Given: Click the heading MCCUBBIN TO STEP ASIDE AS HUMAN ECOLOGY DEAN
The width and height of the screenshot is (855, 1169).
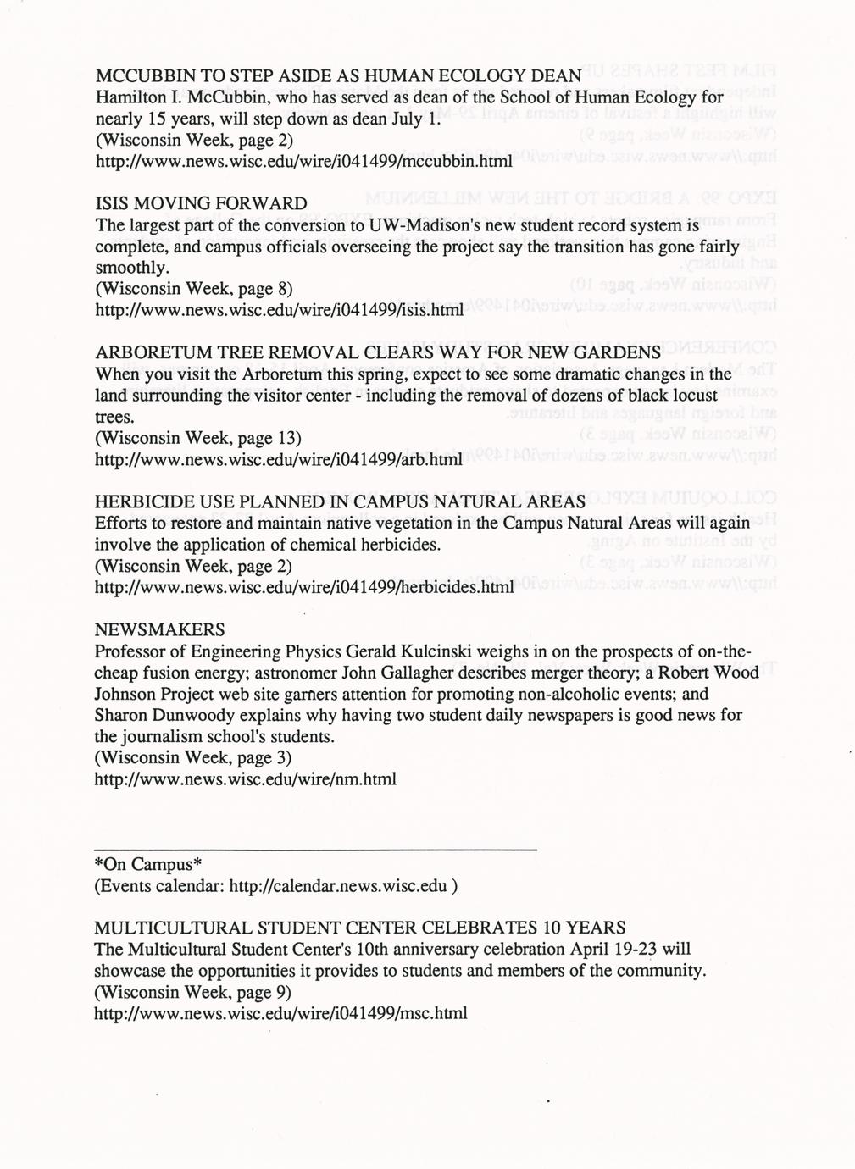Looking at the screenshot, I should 337,74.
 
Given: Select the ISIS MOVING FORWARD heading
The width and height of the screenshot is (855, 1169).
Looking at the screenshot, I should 201,204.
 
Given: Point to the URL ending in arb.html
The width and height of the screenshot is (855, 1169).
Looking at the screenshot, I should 279,460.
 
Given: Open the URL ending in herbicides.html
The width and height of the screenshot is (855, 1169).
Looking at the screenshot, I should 304,586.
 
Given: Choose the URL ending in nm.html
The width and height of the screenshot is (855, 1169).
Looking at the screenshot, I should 245,778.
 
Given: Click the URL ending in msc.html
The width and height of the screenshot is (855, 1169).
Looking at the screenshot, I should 280,1012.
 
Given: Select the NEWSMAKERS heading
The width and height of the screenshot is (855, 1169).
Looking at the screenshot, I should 160,629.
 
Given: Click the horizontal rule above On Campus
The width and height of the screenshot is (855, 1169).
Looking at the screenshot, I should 315,848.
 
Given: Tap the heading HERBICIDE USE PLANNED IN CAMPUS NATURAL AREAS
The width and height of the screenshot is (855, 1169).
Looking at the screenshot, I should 340,501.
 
